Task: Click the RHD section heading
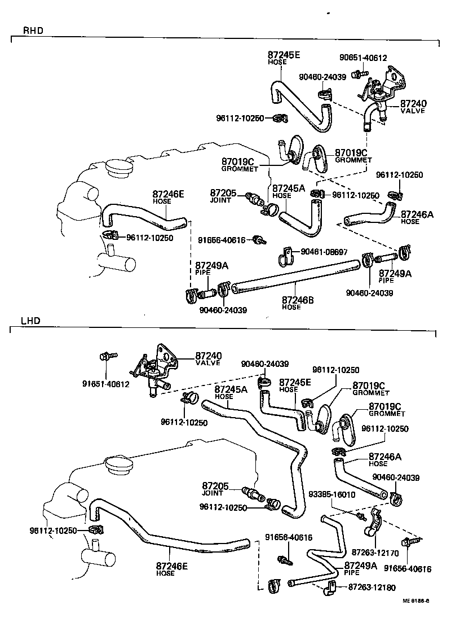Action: click(33, 30)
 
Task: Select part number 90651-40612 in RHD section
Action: click(363, 58)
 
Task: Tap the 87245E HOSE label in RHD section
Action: click(284, 58)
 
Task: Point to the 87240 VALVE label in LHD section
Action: click(209, 359)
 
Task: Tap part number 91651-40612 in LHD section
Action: click(105, 384)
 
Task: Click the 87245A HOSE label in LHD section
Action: click(231, 392)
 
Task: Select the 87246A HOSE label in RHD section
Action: click(417, 217)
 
